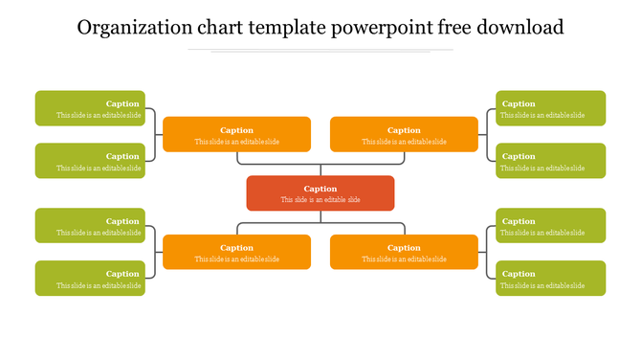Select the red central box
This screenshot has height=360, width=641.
pyautogui.click(x=320, y=193)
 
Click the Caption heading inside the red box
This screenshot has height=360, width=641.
pyautogui.click(x=320, y=189)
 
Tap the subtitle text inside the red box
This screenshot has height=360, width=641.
pyautogui.click(x=320, y=200)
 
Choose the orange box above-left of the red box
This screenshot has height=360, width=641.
pyautogui.click(x=236, y=134)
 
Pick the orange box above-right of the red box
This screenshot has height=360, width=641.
pyautogui.click(x=404, y=134)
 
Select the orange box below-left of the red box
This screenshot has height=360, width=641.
pyautogui.click(x=236, y=252)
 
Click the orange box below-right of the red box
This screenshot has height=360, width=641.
pyautogui.click(x=404, y=252)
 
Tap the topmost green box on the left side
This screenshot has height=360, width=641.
pyautogui.click(x=90, y=108)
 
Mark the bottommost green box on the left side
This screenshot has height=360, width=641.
pyautogui.click(x=90, y=279)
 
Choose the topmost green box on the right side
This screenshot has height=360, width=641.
pyautogui.click(x=550, y=108)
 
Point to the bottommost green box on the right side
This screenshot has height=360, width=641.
pyautogui.click(x=550, y=279)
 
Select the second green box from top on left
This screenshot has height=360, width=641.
pyautogui.click(x=90, y=161)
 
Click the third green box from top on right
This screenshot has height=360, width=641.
pyautogui.click(x=550, y=226)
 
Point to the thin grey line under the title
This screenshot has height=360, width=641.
pyautogui.click(x=320, y=50)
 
